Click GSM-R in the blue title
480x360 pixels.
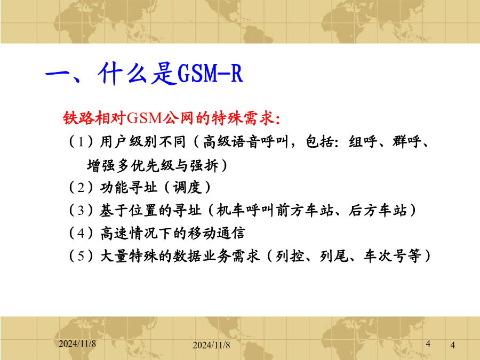tap(210, 74)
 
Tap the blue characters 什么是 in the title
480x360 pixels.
tap(137, 74)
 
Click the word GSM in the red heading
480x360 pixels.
tap(144, 118)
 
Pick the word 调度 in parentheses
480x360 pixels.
tap(187, 187)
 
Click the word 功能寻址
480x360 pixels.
tap(129, 187)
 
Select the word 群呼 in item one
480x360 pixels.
tap(407, 142)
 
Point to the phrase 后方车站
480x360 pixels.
tap(378, 210)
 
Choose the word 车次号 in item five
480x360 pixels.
tap(386, 256)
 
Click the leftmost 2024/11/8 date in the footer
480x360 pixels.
tap(77, 344)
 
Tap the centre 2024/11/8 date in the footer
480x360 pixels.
tap(211, 345)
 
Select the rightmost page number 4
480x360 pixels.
tap(453, 345)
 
